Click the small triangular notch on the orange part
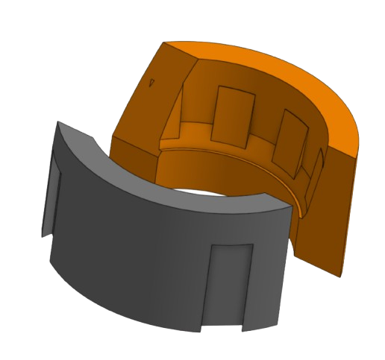point(152,83)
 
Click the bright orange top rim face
point(298,82)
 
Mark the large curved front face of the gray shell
point(142,246)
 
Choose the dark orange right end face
point(328,216)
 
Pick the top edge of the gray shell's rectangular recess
point(231,244)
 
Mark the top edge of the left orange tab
point(231,88)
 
